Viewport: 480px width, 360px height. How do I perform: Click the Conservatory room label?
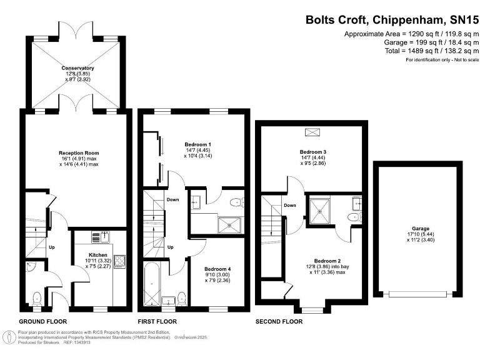[x=78, y=67]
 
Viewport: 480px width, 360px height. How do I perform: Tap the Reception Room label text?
[x=79, y=152]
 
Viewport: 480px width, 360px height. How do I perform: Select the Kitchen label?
[x=98, y=256]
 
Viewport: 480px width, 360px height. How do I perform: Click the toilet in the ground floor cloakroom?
[x=36, y=297]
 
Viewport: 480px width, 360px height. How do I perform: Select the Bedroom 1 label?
[x=197, y=144]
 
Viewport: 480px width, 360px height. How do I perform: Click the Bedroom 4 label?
[x=217, y=269]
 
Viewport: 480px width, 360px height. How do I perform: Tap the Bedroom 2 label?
[x=327, y=260]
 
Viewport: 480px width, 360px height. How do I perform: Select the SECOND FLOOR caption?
[x=279, y=322]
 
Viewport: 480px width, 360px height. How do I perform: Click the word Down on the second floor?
[x=290, y=206]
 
